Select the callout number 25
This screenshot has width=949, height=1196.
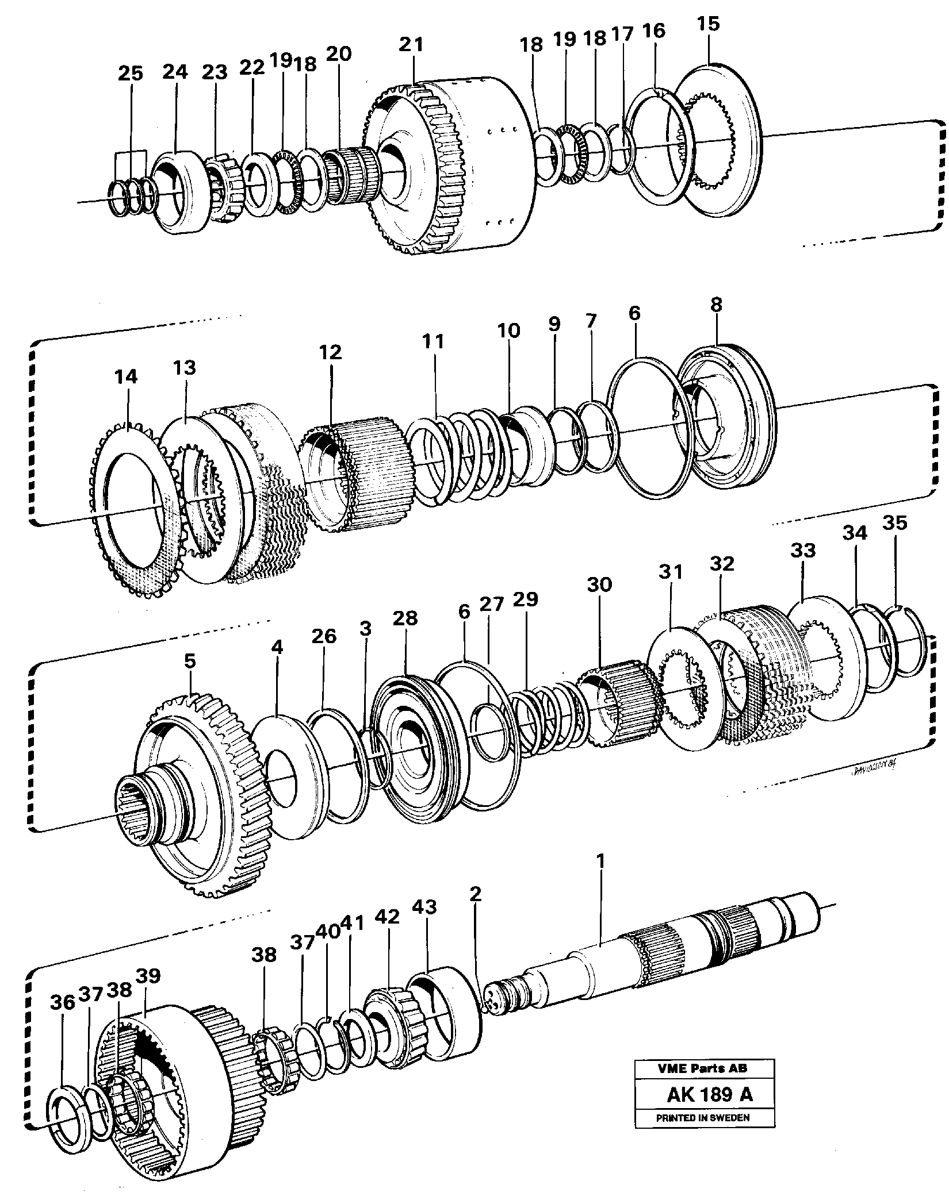[x=130, y=73]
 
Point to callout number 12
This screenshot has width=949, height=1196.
[x=332, y=352]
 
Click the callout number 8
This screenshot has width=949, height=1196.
[x=716, y=305]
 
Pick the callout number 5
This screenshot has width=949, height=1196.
[x=190, y=661]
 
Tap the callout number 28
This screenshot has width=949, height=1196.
[x=405, y=618]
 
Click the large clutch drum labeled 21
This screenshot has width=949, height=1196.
[x=454, y=172]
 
